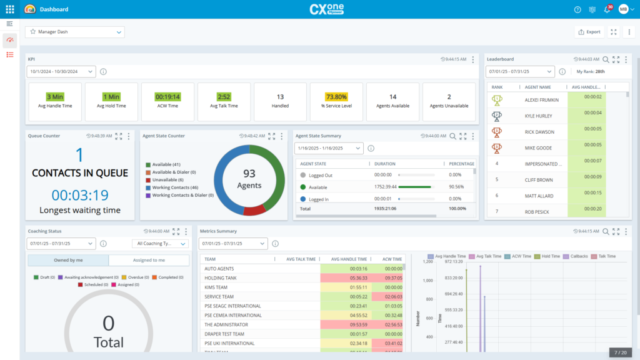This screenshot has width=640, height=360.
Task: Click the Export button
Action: (x=589, y=32)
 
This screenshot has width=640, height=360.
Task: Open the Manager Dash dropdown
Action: (x=75, y=32)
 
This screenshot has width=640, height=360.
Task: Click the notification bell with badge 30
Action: (x=606, y=9)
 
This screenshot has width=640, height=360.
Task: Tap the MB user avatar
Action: (x=623, y=9)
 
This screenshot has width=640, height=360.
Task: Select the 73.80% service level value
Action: (x=336, y=97)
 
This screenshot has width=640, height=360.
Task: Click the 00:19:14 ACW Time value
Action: (x=167, y=97)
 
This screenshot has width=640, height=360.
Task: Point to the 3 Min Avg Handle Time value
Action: (x=55, y=97)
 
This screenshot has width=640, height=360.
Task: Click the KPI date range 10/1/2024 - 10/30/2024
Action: (x=61, y=72)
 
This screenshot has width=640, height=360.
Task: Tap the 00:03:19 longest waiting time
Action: (x=80, y=194)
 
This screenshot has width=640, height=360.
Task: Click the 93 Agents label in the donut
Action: (x=249, y=179)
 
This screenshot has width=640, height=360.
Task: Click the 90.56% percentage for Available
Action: (x=459, y=187)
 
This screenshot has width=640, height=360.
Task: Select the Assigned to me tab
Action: (x=149, y=261)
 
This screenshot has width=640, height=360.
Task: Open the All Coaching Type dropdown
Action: (x=160, y=244)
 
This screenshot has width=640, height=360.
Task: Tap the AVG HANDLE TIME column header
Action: (x=349, y=259)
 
